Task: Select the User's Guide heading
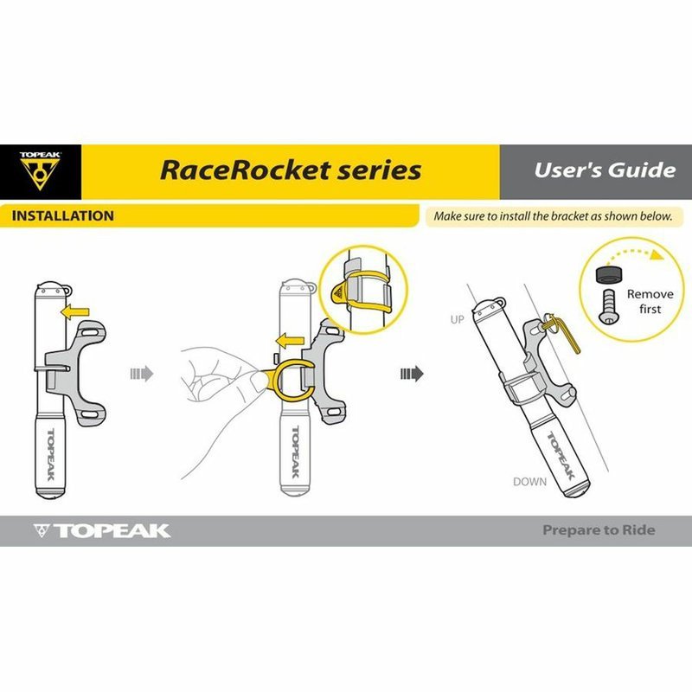click(604, 169)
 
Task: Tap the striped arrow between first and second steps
click(141, 374)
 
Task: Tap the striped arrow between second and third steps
click(412, 374)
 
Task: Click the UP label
click(458, 320)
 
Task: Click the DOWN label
click(529, 481)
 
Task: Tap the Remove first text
click(644, 301)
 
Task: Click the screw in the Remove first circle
click(610, 306)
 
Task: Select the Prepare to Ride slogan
click(599, 530)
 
